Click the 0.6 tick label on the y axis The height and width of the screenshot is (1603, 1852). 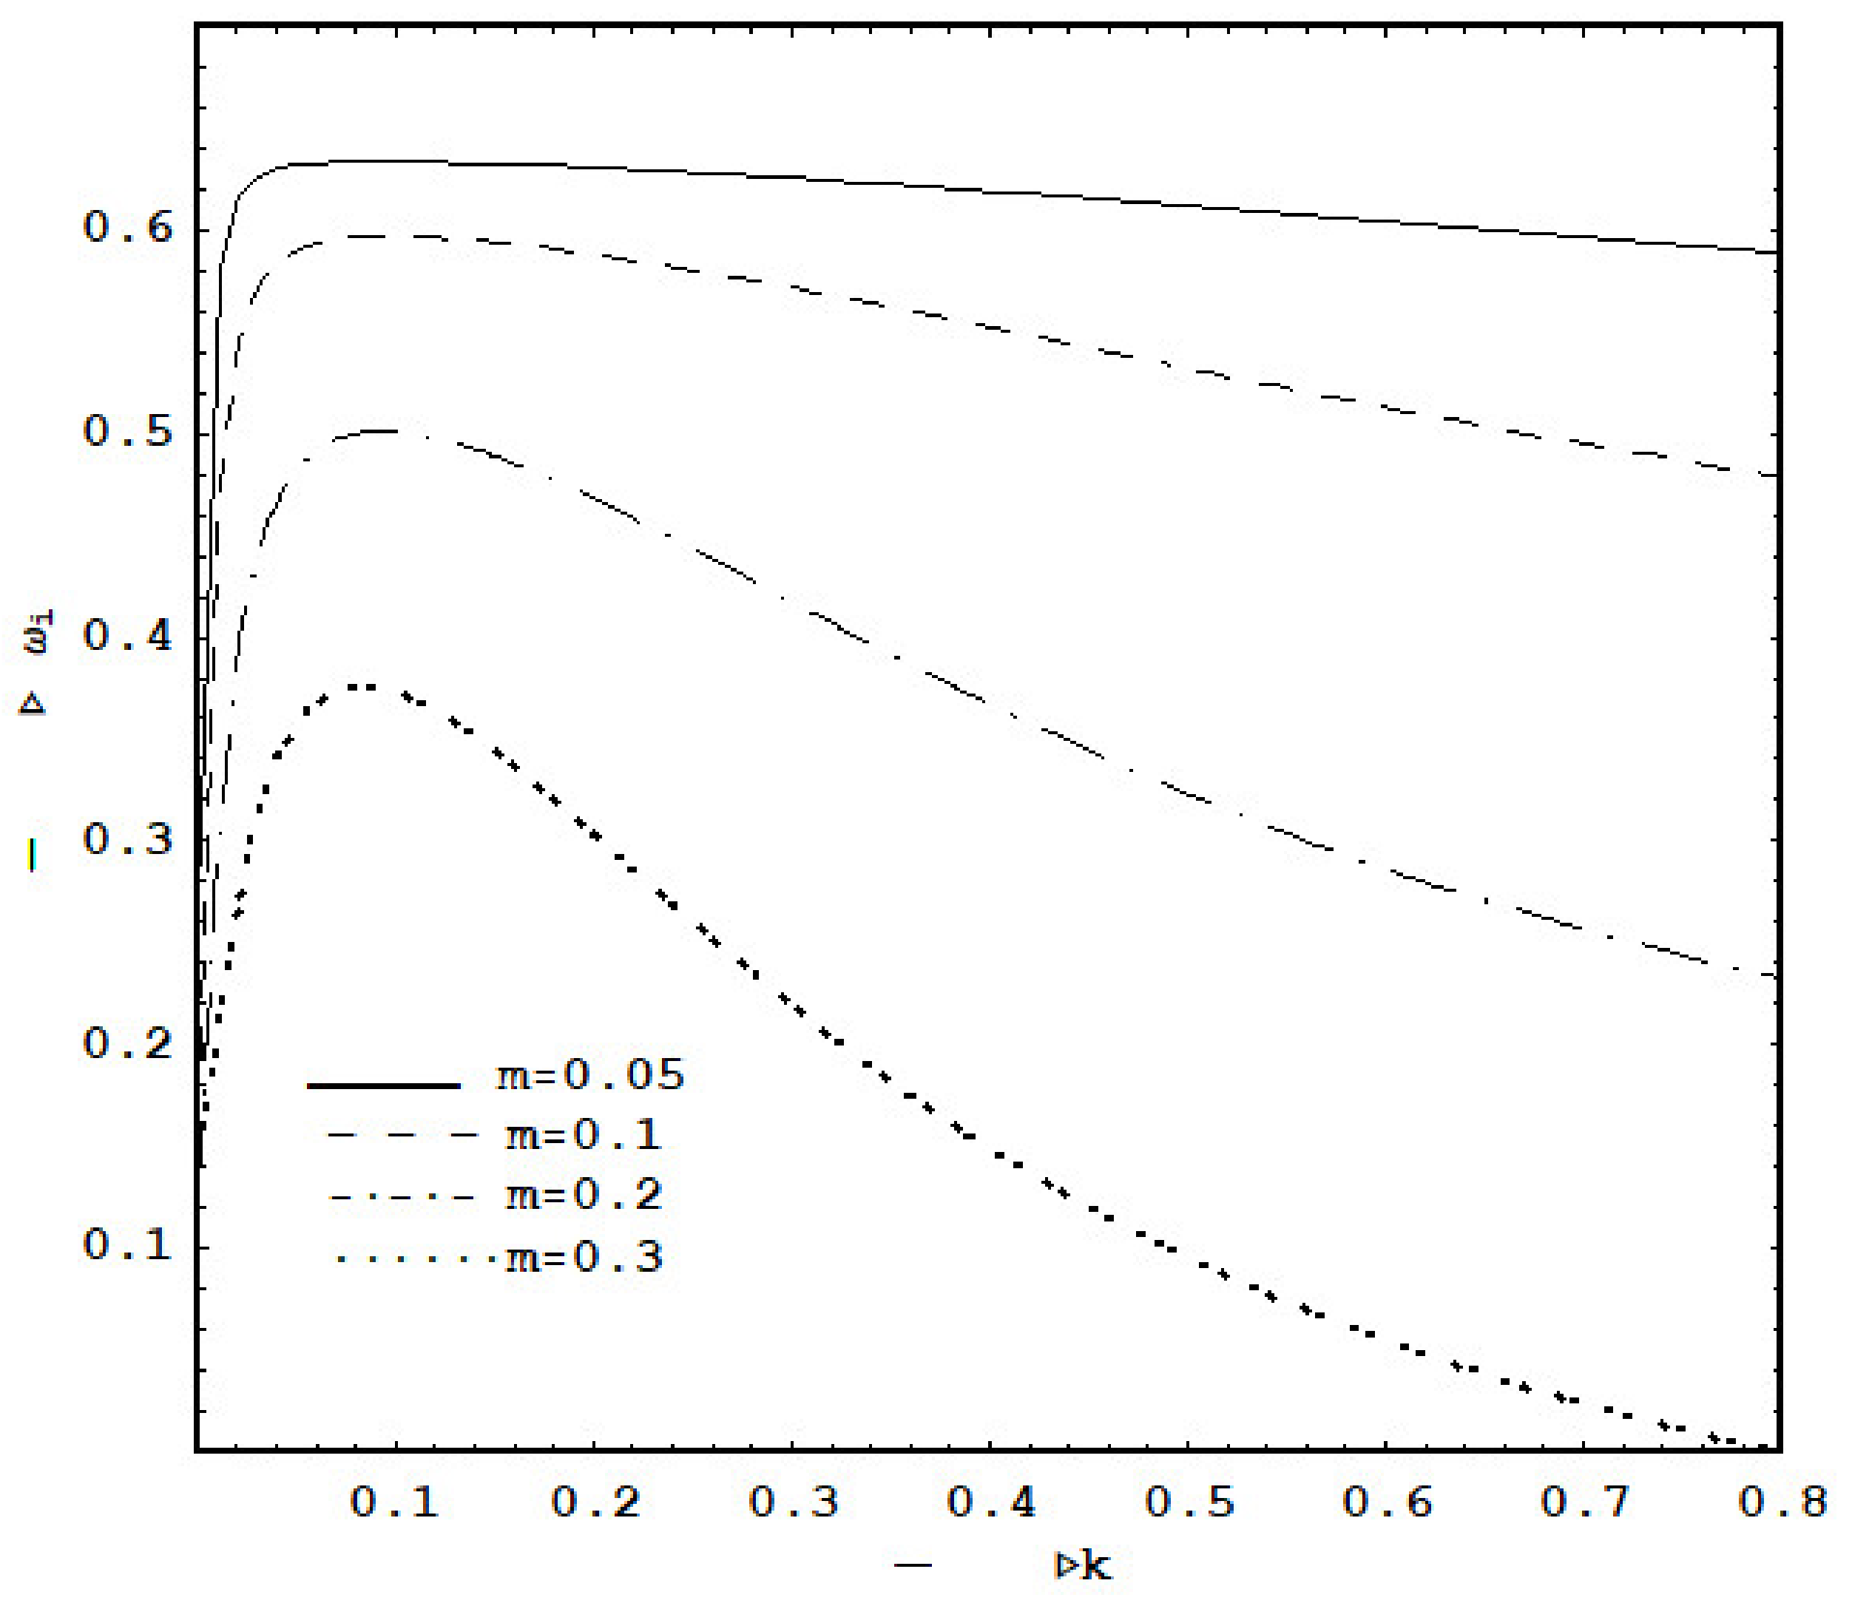[x=127, y=227]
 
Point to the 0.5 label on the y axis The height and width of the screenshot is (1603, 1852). [x=127, y=432]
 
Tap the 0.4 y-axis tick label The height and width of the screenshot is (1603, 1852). [x=127, y=636]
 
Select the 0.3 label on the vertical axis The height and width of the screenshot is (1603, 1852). [x=127, y=840]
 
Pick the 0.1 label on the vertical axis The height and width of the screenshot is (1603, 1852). [x=127, y=1245]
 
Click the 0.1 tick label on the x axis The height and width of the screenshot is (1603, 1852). [x=394, y=1502]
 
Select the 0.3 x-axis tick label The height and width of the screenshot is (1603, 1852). [x=794, y=1502]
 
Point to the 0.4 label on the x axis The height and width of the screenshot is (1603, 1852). [x=991, y=1502]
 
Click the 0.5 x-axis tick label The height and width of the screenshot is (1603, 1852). [x=1190, y=1502]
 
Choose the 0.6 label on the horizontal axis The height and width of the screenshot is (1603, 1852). [x=1388, y=1502]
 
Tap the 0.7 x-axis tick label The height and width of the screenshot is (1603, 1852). [x=1586, y=1502]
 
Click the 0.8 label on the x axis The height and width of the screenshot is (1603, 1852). [x=1782, y=1502]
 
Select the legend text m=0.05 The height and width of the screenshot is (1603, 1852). [x=590, y=1075]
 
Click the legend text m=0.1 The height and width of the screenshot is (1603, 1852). [x=584, y=1136]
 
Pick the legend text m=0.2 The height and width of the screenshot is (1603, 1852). [x=584, y=1196]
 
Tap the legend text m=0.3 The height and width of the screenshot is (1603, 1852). [x=584, y=1258]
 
